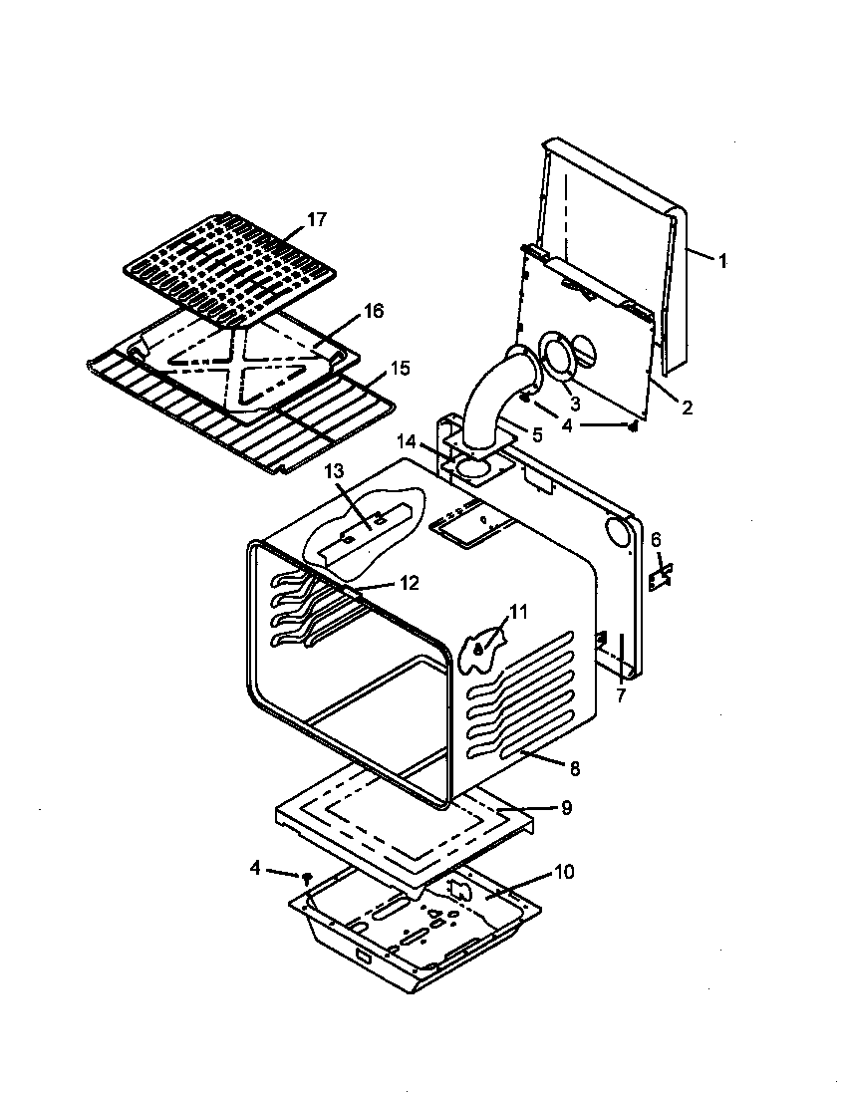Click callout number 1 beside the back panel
coord(722,261)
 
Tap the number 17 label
coord(316,220)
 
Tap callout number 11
coord(518,611)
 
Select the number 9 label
coord(566,808)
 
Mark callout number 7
coord(620,695)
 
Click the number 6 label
coord(656,539)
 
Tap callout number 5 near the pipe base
coord(537,434)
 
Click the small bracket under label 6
coord(660,578)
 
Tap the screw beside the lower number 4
coord(307,876)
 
